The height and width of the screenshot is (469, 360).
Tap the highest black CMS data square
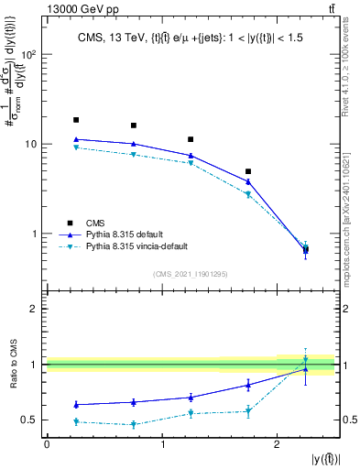(76, 120)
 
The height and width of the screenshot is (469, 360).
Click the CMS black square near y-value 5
(248, 171)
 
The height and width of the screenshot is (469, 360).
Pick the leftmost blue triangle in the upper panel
(76, 139)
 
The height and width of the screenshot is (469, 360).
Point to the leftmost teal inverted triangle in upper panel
(76, 147)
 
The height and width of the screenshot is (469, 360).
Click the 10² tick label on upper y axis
(27, 55)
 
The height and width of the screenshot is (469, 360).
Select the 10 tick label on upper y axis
(29, 145)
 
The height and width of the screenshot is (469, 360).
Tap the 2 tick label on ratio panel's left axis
(33, 309)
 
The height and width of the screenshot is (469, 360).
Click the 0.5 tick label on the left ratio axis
(28, 420)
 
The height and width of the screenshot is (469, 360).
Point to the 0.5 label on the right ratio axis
(349, 420)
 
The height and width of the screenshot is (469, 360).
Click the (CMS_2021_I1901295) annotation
(191, 274)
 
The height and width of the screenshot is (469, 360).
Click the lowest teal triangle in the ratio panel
(134, 424)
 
